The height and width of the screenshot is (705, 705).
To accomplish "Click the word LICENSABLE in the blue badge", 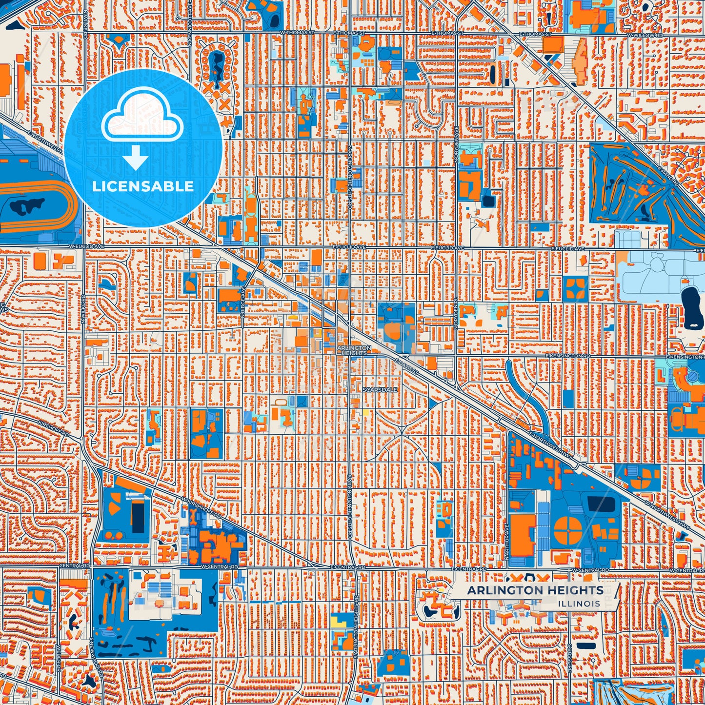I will pos(143,186).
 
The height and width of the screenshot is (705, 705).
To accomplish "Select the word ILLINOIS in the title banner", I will pos(580,604).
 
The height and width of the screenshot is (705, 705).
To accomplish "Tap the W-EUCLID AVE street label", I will pos(81,247).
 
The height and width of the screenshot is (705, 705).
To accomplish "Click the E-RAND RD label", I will pos(668,176).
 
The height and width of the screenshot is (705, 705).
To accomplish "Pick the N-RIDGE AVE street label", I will pos(242,304).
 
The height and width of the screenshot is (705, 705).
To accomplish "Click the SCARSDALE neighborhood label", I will pos(380,390).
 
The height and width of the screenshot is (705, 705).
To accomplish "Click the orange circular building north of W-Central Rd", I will pos(568,529).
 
